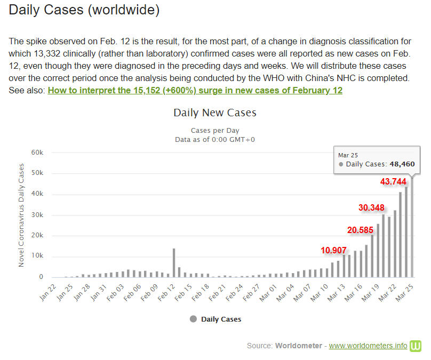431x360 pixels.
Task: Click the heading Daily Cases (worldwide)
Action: click(84, 10)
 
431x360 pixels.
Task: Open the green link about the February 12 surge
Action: click(195, 90)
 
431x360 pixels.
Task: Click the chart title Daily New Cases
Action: click(215, 113)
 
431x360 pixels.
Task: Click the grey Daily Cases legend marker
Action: click(193, 319)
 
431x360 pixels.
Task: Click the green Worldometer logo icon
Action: click(416, 346)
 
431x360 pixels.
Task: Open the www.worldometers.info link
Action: click(368, 346)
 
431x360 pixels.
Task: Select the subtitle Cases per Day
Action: click(215, 130)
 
